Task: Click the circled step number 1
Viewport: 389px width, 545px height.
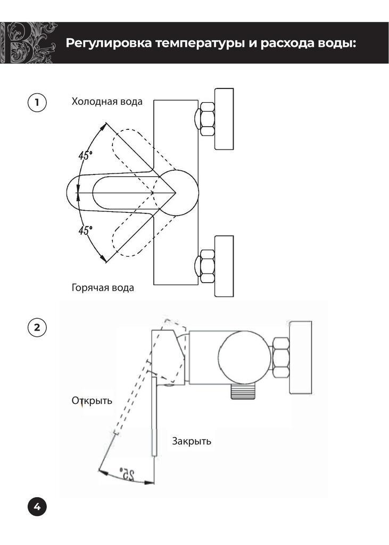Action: (37, 102)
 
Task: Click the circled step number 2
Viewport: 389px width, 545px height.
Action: (37, 327)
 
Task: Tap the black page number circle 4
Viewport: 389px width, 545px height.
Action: (37, 507)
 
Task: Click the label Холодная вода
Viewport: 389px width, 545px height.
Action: (107, 102)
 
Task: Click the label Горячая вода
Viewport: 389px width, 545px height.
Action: (103, 288)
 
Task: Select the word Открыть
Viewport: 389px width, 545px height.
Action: (92, 401)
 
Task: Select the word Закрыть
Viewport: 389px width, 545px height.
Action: (192, 441)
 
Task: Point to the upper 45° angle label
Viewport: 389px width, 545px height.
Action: (85, 156)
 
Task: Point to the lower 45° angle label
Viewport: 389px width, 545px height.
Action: (85, 230)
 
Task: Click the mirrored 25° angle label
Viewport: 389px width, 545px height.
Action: (127, 472)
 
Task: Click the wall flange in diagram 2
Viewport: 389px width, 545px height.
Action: (300, 358)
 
